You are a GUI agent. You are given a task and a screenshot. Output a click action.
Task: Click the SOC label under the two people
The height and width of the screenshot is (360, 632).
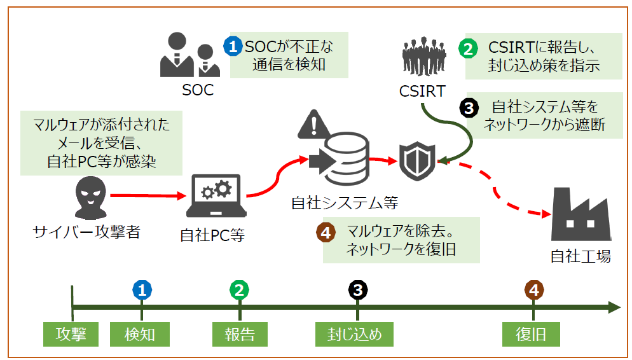tap(197, 90)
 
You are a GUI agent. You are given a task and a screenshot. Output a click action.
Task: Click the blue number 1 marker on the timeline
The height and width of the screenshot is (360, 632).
tap(142, 290)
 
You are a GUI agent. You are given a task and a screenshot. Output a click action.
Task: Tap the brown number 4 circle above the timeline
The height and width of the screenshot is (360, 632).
tap(533, 290)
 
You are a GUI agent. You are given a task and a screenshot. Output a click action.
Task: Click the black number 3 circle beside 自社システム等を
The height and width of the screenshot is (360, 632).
tap(468, 108)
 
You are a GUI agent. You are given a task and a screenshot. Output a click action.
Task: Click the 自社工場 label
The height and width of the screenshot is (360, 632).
tap(580, 256)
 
